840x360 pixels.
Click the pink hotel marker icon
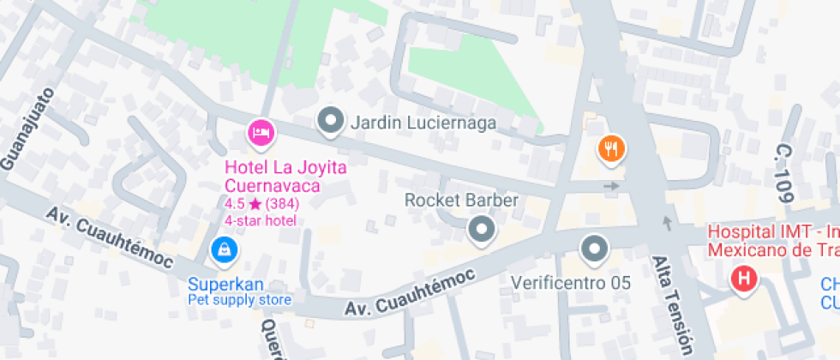[x=261, y=132]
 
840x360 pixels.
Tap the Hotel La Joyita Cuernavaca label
[x=285, y=176]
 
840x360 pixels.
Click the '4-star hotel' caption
[x=261, y=220]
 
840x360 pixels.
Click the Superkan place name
[x=226, y=285]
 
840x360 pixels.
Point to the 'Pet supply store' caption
[x=240, y=300]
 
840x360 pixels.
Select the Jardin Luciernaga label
[x=423, y=123]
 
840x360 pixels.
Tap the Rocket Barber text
[x=461, y=201]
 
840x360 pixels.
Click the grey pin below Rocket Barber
[x=482, y=229]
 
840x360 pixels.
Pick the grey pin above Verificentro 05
[x=593, y=249]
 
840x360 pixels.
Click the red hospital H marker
[x=743, y=278]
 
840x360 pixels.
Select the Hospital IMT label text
[x=771, y=241]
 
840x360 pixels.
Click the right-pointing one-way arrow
[x=611, y=185]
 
